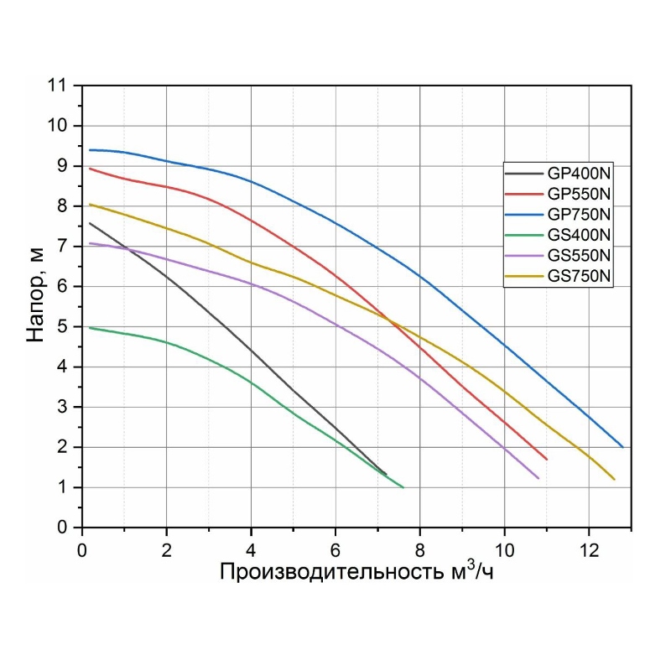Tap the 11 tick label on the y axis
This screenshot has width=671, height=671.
click(57, 86)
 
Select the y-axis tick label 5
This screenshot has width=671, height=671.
click(62, 326)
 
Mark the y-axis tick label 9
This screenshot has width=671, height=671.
click(62, 166)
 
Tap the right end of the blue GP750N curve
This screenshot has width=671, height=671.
click(622, 447)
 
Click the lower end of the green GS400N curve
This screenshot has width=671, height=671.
click(403, 487)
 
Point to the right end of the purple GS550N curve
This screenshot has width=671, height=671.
click(538, 478)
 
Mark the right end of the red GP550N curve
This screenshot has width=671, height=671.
click(547, 459)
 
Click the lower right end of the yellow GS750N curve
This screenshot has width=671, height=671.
click(614, 479)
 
